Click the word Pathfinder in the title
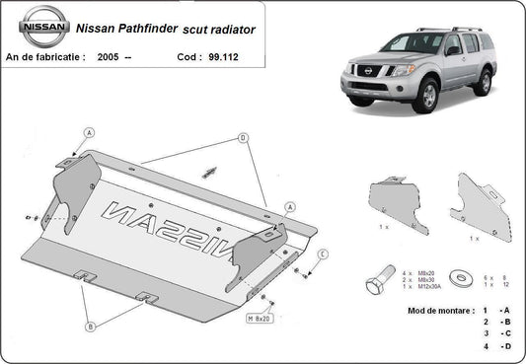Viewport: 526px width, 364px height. pos(140,31)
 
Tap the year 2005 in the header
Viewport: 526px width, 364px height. pos(111,58)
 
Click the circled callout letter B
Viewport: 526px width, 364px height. pos(89,327)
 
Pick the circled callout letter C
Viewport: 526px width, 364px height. pos(323,254)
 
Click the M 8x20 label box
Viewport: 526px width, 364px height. pos(258,319)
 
